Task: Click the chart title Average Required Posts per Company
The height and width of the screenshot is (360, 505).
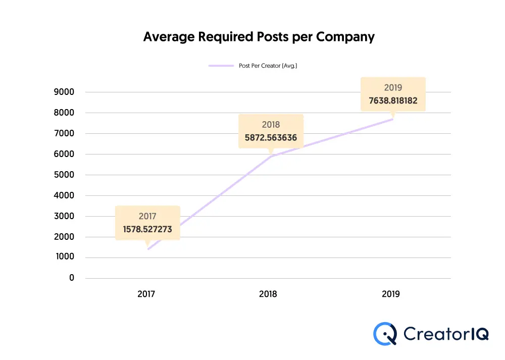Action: point(259,37)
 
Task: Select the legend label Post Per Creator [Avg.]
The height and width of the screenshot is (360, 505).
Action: point(268,66)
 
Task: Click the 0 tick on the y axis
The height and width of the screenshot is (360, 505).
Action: point(72,278)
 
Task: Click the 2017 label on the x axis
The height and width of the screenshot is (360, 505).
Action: point(146,294)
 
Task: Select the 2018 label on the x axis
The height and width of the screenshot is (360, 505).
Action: point(268,294)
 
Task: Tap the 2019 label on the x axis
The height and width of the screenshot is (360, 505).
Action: point(390,294)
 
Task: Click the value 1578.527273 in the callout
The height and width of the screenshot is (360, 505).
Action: point(147,229)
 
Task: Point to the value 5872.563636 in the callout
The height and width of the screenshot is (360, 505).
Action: point(271,137)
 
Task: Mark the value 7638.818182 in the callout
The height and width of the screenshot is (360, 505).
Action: point(393,100)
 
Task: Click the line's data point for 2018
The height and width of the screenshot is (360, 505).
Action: point(271,157)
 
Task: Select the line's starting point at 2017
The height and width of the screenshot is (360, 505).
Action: point(148,249)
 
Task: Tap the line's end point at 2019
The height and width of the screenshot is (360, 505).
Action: point(392,119)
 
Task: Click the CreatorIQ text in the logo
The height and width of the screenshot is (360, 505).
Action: point(446,334)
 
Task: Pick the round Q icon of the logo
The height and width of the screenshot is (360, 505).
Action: point(385,334)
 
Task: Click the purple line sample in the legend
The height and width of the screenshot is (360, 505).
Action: point(221,66)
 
